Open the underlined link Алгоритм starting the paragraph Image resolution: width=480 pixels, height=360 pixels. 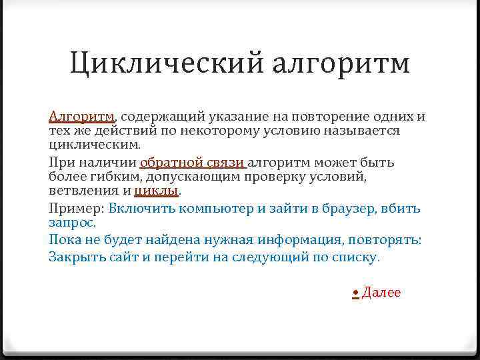(x=81, y=117)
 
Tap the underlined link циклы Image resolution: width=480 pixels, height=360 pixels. (x=157, y=191)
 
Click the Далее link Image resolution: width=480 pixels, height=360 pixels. (x=381, y=293)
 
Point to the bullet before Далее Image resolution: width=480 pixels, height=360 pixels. (x=356, y=293)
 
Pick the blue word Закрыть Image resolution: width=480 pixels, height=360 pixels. (x=75, y=257)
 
